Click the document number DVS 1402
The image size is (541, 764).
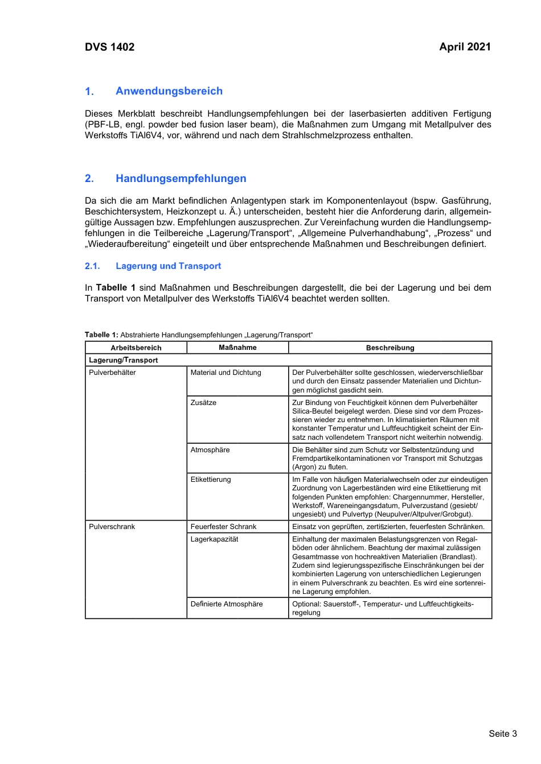point(109,47)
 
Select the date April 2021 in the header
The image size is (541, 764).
point(465,47)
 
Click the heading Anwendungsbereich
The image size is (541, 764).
point(169,91)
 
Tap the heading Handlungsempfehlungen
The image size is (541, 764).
point(181,179)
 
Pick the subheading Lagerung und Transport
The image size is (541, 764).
point(168,266)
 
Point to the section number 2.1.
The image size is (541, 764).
point(92,266)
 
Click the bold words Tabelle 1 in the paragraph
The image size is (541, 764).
point(116,288)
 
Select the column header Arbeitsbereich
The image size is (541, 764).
point(136,348)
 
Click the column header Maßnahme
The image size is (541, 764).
point(237,348)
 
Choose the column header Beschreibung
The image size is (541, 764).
point(390,348)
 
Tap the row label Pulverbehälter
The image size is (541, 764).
point(112,373)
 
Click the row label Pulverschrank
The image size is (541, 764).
point(112,527)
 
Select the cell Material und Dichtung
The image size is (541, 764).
point(226,373)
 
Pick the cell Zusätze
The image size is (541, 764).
point(203,403)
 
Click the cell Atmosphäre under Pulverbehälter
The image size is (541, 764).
point(210,450)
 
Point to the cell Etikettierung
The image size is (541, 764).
point(211,480)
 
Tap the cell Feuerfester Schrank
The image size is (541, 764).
point(223,527)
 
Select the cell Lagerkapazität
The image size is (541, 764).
point(214,539)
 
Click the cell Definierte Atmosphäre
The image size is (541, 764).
point(227,604)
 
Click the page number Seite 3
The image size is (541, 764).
point(502,734)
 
